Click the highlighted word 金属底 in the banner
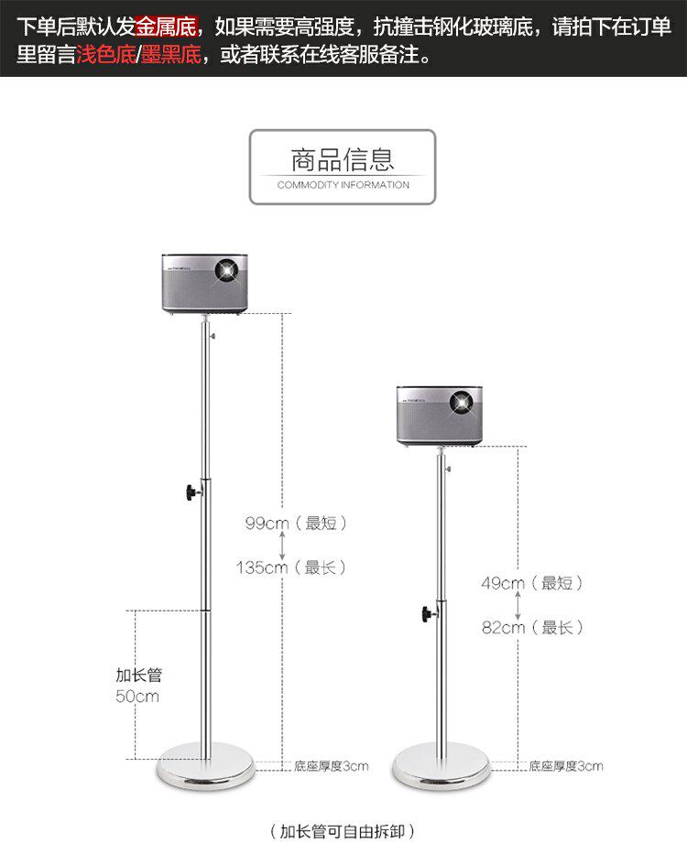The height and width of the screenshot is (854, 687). tap(166, 25)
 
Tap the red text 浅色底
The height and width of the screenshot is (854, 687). tap(104, 56)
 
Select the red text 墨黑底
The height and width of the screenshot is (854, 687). tap(171, 56)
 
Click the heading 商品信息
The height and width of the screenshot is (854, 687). tap(343, 160)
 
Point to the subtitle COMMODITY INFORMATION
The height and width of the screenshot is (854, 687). tap(343, 185)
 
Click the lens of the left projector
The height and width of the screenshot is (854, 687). tap(226, 271)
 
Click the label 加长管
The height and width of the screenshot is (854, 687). tap(139, 676)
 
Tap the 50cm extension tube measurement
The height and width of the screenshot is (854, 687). tap(137, 697)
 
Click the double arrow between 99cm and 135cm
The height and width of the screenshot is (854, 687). tap(282, 546)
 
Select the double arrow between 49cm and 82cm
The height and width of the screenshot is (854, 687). tap(518, 605)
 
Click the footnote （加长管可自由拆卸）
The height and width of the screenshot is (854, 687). tap(343, 831)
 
